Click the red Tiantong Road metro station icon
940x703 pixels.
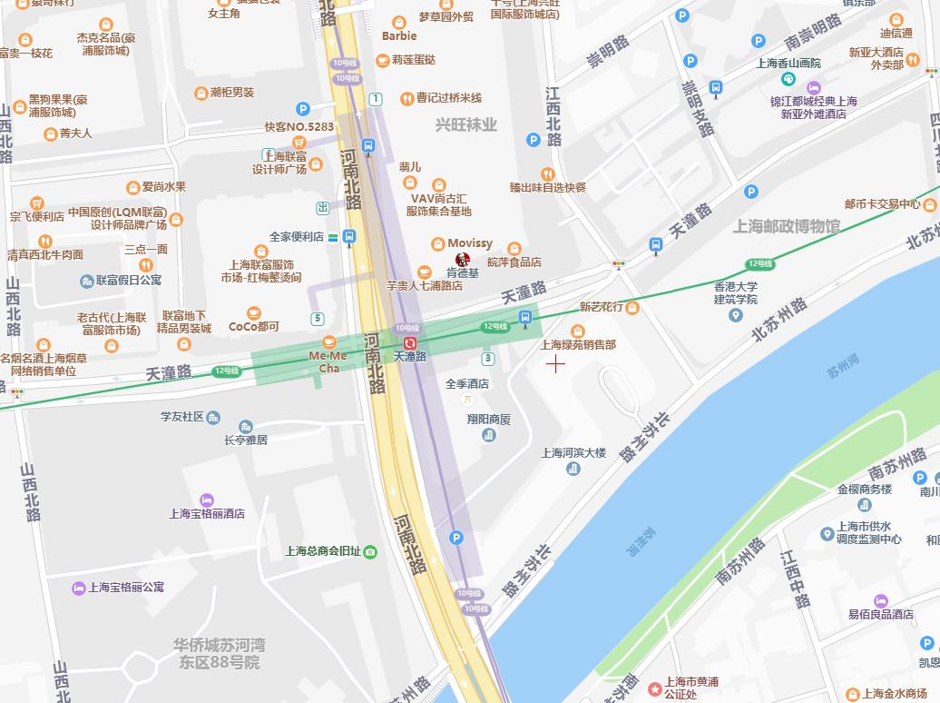[x=410, y=342]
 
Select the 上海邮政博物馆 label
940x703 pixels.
[x=788, y=226]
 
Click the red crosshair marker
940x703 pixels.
[x=555, y=364]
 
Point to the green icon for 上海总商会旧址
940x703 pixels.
[x=369, y=551]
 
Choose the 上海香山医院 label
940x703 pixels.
[x=788, y=63]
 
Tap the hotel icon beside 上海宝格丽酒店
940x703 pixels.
[x=207, y=500]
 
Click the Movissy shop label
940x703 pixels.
[x=469, y=243]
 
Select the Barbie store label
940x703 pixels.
[x=399, y=36]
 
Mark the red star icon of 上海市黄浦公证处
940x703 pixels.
[x=655, y=689]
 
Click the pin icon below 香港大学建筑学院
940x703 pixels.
[x=735, y=315]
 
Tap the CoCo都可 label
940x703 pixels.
[x=253, y=326]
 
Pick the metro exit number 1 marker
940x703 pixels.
[x=376, y=98]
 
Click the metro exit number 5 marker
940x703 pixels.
[x=317, y=318]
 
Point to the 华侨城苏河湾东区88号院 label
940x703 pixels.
[x=220, y=654]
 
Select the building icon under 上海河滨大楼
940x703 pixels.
[x=573, y=469]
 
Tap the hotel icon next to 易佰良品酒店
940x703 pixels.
[x=879, y=600]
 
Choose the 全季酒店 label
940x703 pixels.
[x=467, y=384]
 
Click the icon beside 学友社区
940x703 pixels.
[x=213, y=418]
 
